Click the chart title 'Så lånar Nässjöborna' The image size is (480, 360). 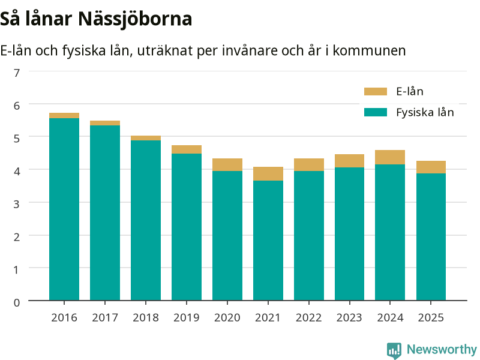click(x=96, y=19)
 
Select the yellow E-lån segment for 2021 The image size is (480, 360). click(x=268, y=173)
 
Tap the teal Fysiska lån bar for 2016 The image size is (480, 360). click(x=64, y=209)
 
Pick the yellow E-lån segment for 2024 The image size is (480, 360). click(x=390, y=157)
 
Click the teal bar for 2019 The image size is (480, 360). click(x=187, y=227)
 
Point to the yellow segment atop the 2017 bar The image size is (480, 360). click(x=105, y=123)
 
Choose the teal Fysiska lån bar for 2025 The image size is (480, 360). click(x=431, y=237)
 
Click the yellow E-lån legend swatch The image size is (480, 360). click(x=376, y=92)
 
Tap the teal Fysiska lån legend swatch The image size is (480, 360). click(x=376, y=112)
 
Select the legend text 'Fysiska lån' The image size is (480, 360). click(x=425, y=112)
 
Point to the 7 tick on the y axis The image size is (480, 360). click(x=17, y=73)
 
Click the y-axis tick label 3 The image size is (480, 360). click(x=17, y=204)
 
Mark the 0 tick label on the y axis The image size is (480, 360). click(x=17, y=302)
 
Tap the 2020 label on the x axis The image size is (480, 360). click(x=227, y=318)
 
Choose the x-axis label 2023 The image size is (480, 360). click(x=349, y=318)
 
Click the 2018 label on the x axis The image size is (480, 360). click(x=146, y=318)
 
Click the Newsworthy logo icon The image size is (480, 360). click(x=394, y=350)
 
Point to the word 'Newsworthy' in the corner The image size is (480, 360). click(x=442, y=349)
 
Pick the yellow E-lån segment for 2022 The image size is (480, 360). click(x=309, y=164)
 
